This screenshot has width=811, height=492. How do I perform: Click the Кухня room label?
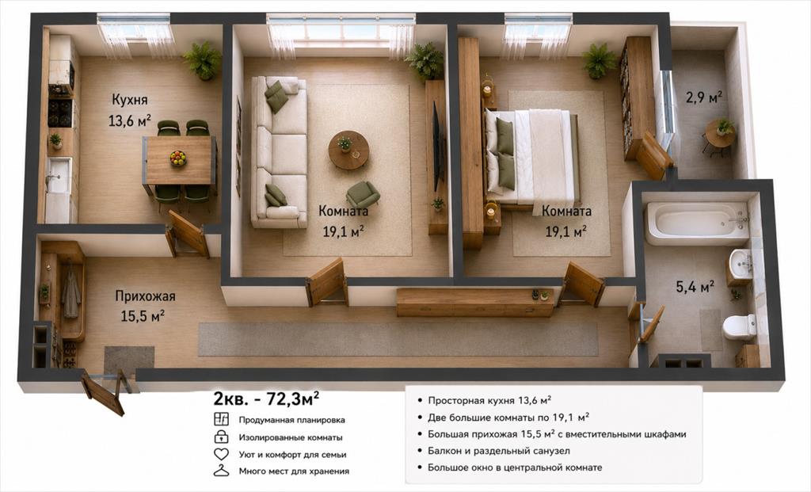click(x=130, y=99)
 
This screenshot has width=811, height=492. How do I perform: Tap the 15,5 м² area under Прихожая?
click(x=143, y=315)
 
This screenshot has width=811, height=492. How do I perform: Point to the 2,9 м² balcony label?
click(x=704, y=97)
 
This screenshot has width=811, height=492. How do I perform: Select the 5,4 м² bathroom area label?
click(x=695, y=286)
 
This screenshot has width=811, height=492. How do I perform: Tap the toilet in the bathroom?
click(x=740, y=326)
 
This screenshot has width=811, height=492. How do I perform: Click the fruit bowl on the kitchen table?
click(x=178, y=158)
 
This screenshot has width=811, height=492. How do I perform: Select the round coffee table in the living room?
click(x=348, y=150)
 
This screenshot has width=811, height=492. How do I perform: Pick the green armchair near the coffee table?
click(x=363, y=195)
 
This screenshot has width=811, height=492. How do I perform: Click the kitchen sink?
click(x=58, y=175)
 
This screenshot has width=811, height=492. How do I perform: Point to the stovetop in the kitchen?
click(x=60, y=113)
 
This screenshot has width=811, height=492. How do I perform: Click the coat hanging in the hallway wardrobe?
click(x=70, y=294)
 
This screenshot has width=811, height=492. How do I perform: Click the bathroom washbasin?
click(x=741, y=265)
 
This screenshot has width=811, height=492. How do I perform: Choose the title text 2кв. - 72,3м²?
click(x=266, y=399)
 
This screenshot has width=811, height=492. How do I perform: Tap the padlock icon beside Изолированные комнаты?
click(x=222, y=437)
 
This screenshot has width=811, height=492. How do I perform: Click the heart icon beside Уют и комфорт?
click(x=222, y=454)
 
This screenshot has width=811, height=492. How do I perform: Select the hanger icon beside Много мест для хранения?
click(x=222, y=471)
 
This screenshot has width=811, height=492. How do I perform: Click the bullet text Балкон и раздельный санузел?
click(x=499, y=451)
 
